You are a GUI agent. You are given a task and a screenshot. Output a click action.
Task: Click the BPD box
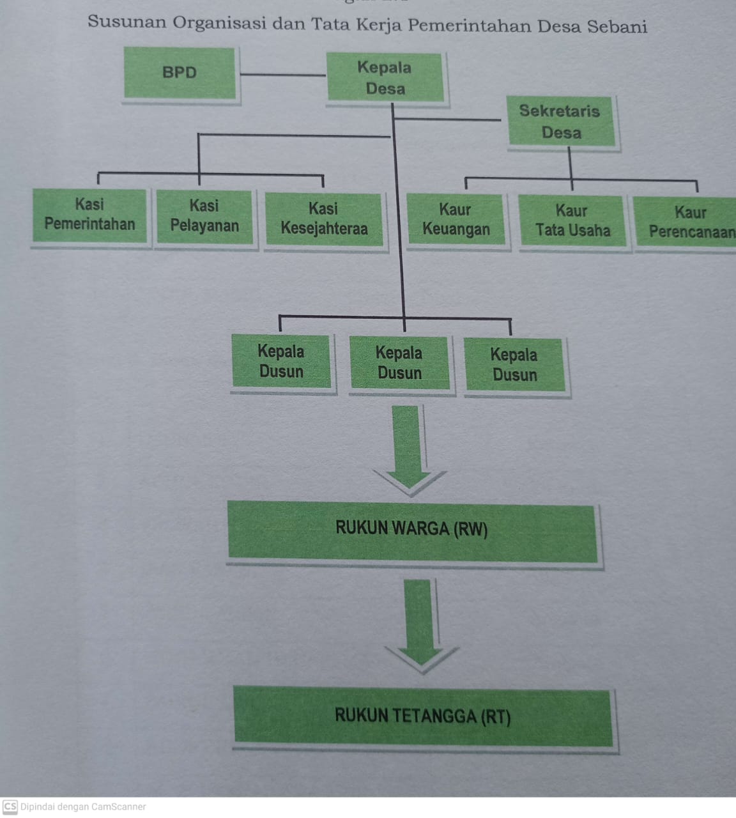click(x=180, y=73)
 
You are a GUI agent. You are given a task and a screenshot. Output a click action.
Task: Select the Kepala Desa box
click(x=385, y=78)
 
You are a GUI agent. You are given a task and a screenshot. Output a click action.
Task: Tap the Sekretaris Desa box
click(x=561, y=122)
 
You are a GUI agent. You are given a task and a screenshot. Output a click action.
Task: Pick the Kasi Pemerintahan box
click(x=90, y=215)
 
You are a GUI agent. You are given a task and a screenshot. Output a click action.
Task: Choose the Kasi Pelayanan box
click(x=204, y=216)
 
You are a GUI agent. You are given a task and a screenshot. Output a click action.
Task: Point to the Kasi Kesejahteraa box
click(x=324, y=219)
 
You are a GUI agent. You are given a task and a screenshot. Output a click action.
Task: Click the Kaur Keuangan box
click(x=456, y=220)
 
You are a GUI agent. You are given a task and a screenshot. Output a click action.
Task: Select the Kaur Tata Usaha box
click(x=572, y=221)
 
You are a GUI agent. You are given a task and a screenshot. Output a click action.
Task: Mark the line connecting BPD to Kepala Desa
click(x=282, y=75)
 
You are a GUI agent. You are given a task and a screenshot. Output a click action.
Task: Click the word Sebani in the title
click(x=617, y=27)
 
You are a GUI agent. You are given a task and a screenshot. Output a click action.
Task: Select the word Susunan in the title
click(x=126, y=22)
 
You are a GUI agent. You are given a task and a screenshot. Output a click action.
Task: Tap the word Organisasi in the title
click(x=220, y=23)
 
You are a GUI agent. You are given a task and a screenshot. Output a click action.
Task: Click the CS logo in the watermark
click(x=10, y=806)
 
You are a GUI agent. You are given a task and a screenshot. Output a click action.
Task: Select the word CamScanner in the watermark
click(x=119, y=807)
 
